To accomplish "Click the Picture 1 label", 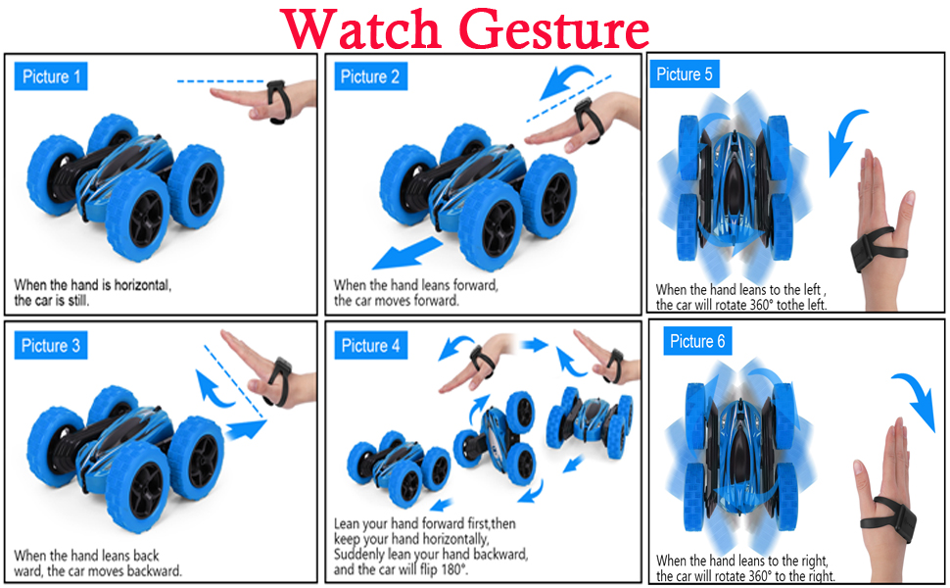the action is point(51,76).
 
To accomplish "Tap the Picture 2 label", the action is point(370,76).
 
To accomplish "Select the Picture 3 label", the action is point(51,345).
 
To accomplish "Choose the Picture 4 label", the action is point(371,345).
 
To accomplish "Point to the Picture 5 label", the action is point(685,73).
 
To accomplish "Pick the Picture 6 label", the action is point(697,341).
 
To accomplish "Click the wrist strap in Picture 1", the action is point(278,102).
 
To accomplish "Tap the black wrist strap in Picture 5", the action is point(879,249).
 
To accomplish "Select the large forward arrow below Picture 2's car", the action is point(407,254).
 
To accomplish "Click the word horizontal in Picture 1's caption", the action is point(143,285).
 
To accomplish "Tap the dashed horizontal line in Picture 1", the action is point(220,80).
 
